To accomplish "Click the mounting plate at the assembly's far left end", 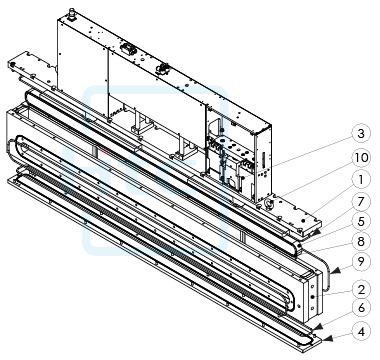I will pyautogui.click(x=29, y=71).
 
